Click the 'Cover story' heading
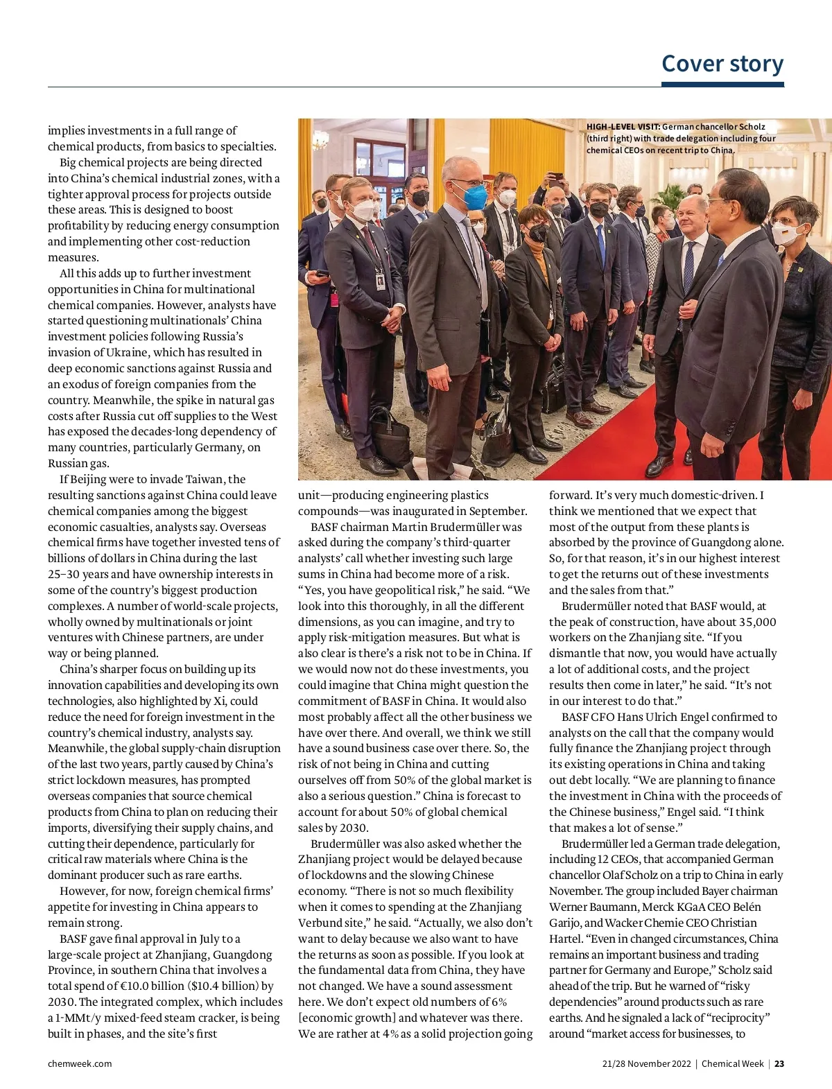pos(722,63)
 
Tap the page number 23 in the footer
pos(779,1063)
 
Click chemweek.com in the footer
pos(80,1063)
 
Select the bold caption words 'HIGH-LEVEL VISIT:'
pos(623,127)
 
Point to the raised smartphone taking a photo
pos(555,177)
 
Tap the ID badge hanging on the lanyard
pos(380,281)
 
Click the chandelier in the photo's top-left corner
pos(318,138)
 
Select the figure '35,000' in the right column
pos(752,622)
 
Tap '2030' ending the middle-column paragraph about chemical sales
pos(353,828)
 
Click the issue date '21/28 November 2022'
pos(646,1063)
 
